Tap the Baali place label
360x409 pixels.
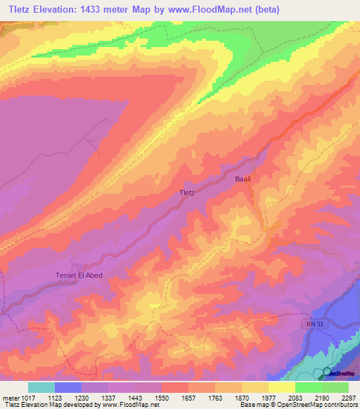(243, 180)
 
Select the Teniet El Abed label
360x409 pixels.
(79, 275)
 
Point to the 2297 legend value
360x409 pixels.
(349, 397)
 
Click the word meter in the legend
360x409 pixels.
(9, 397)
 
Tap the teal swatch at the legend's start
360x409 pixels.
(41, 387)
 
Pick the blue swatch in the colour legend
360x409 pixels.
(68, 387)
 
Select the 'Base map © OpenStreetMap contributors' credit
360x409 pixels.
(299, 405)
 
